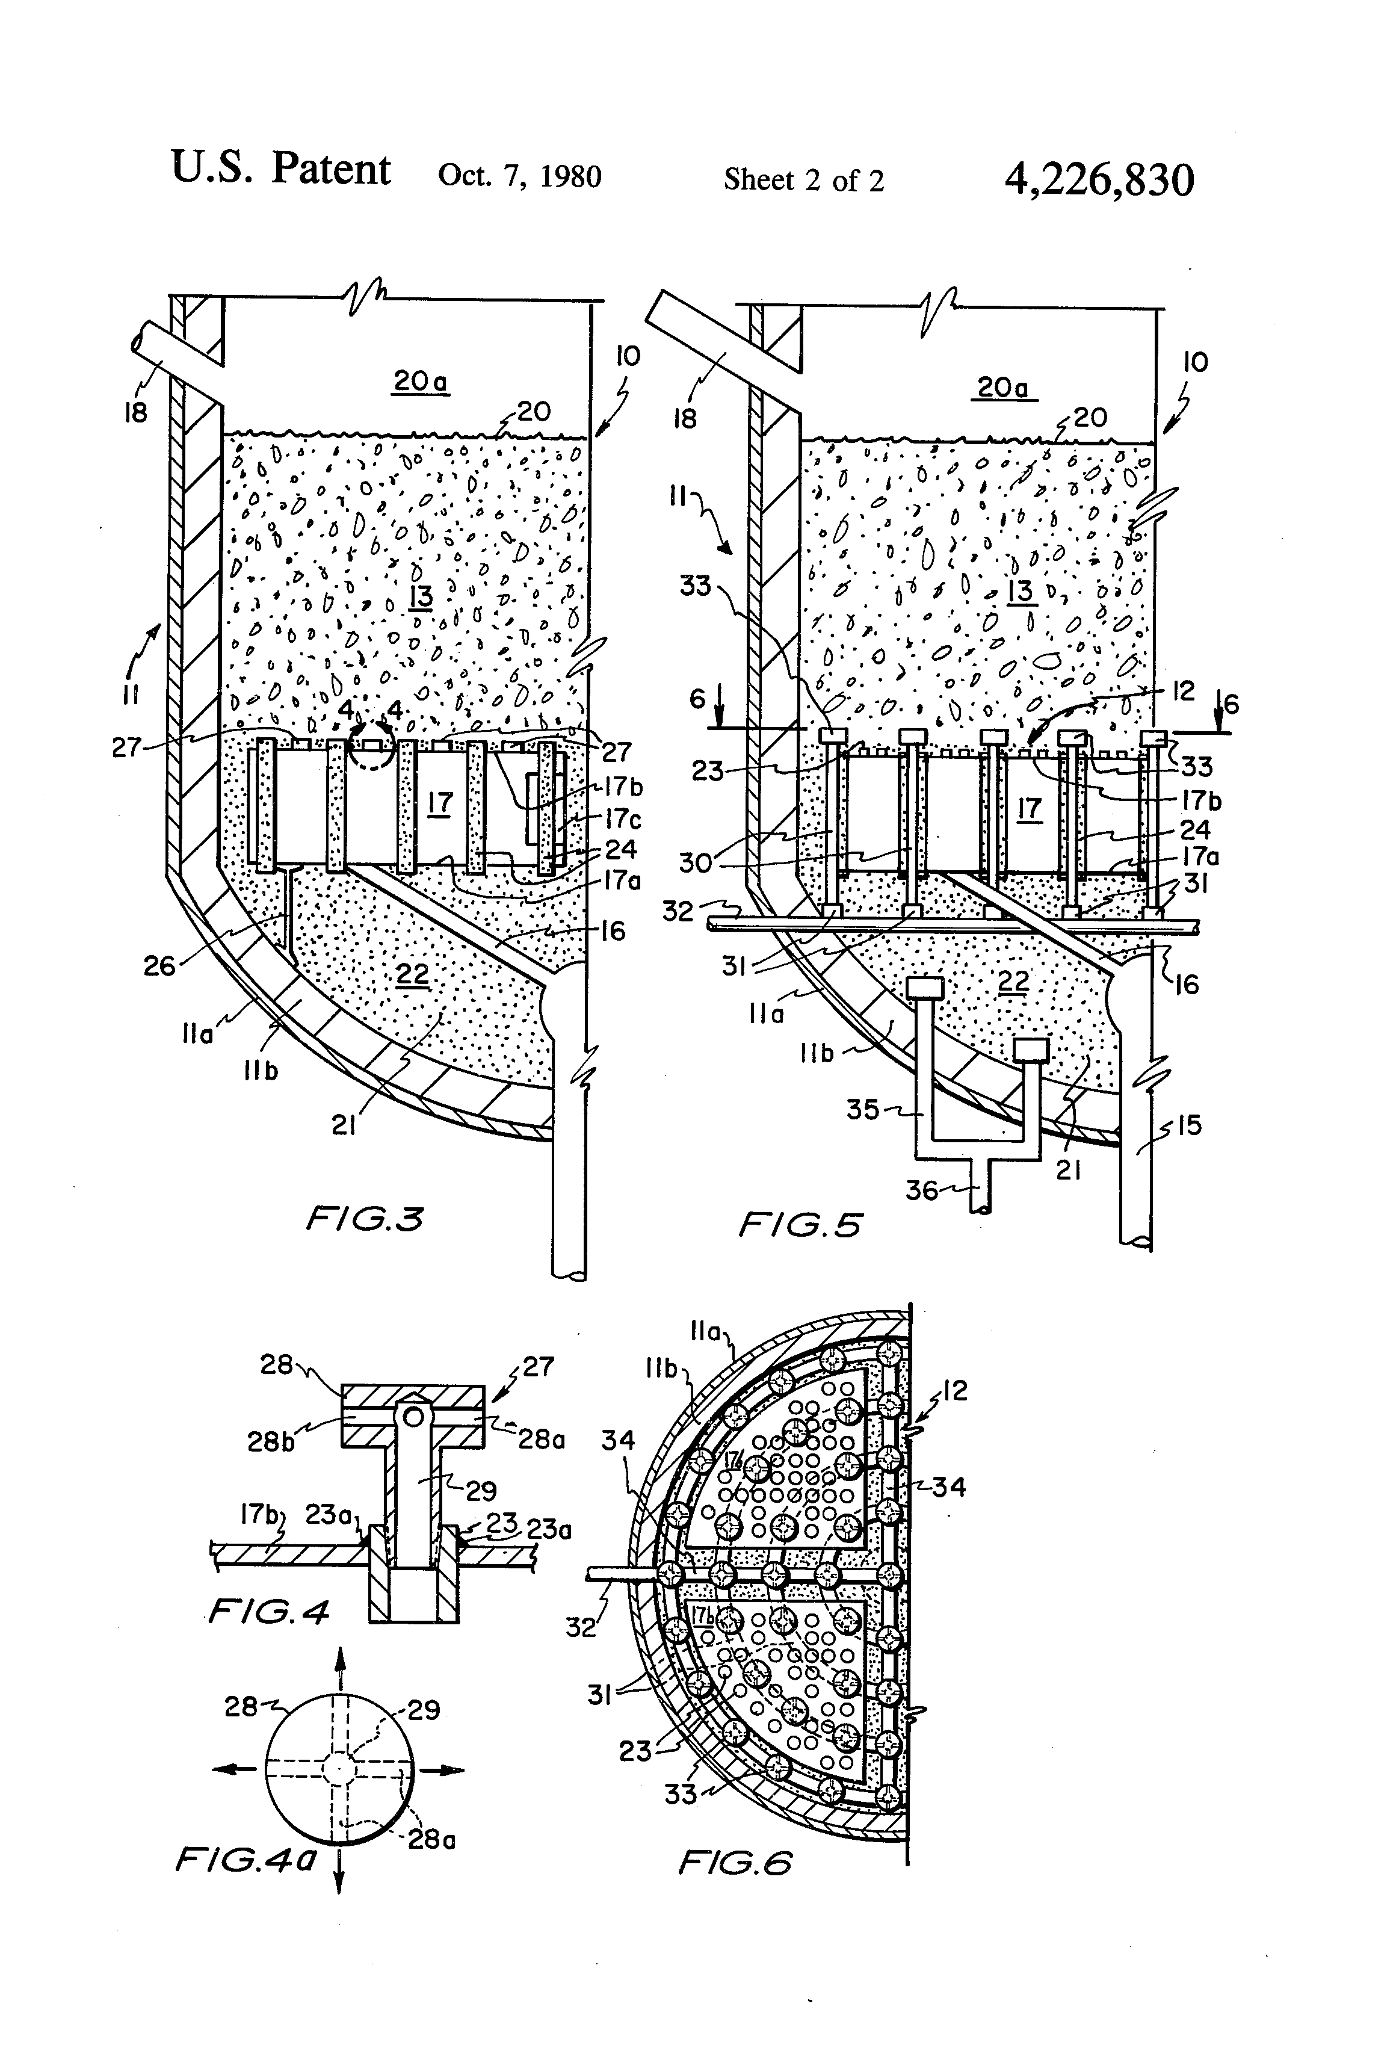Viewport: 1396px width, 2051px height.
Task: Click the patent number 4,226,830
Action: [1099, 179]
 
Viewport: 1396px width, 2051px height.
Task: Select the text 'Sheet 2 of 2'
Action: [803, 180]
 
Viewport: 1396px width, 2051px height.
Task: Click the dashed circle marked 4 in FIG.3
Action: [371, 747]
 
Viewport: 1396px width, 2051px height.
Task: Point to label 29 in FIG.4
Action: [481, 1491]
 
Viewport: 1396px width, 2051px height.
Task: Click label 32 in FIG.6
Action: [581, 1627]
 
